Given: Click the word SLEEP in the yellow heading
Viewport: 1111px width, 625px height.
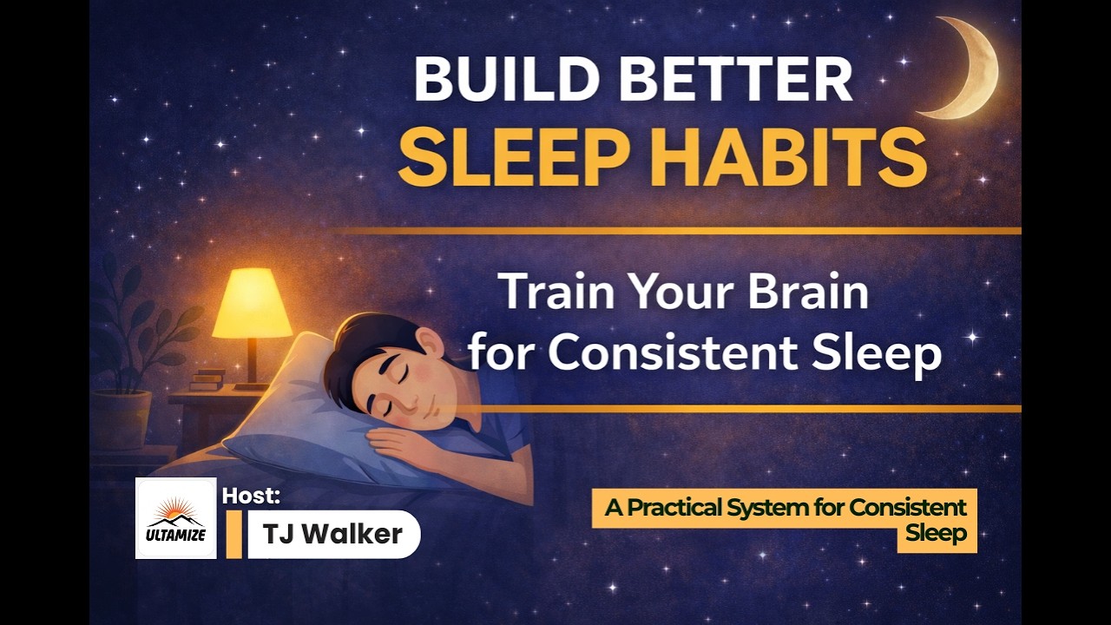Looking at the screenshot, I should tap(507, 160).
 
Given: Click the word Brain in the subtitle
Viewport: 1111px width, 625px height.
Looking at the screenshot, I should tap(810, 292).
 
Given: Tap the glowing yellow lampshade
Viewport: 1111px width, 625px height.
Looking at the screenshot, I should tap(252, 303).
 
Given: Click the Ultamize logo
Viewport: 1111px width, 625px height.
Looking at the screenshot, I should tap(175, 518).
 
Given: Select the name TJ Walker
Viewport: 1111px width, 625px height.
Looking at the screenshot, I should tap(333, 534).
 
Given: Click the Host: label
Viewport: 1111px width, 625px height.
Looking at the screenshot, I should tap(251, 497).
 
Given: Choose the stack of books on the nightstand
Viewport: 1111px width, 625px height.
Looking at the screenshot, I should tap(207, 379).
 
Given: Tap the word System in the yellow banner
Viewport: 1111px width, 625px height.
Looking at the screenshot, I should tap(793, 508).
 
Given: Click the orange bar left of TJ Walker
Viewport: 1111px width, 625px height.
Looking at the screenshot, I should tap(233, 534).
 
